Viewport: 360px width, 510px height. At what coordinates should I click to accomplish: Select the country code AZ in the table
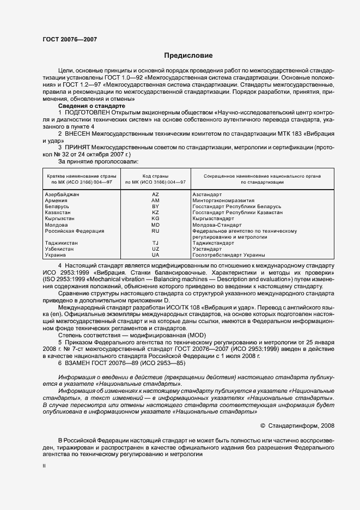coord(155,194)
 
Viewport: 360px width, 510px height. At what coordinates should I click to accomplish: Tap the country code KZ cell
coord(155,212)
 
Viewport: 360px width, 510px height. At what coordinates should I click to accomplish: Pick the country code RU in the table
coord(155,230)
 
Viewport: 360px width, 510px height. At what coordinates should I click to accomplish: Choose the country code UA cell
coord(155,254)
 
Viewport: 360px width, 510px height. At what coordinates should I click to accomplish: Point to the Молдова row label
coord(56,224)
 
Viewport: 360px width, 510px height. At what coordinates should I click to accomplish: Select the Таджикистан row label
coord(60,242)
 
